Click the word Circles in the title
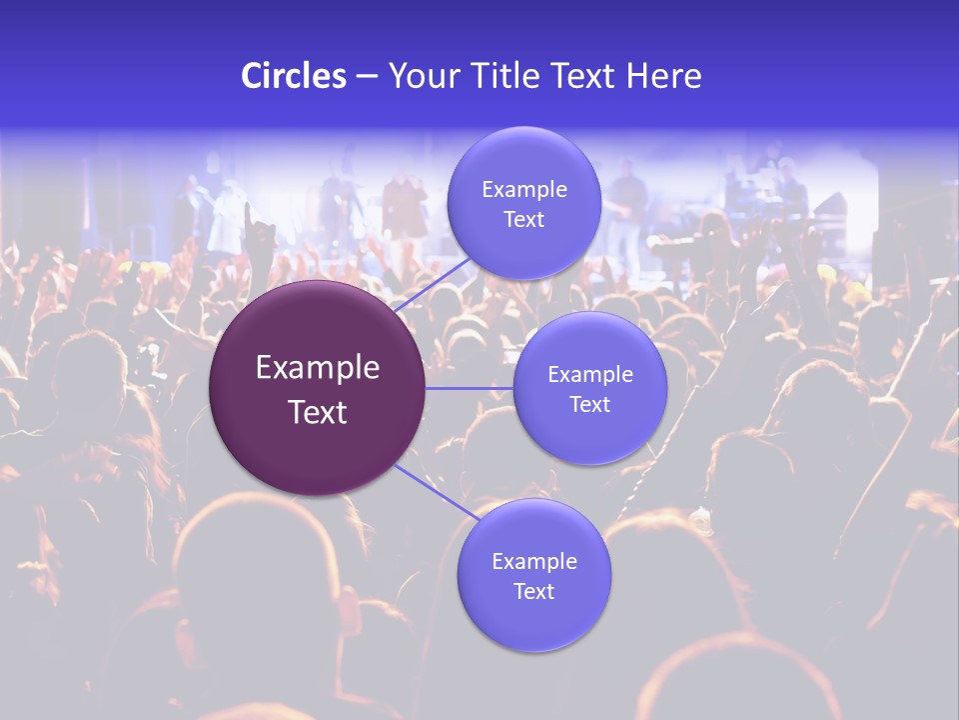click(x=294, y=76)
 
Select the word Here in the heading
click(x=663, y=76)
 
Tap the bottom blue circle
click(x=534, y=620)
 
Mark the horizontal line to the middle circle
click(x=470, y=388)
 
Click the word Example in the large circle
click(x=318, y=368)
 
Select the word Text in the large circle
click(x=318, y=412)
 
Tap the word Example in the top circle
click(x=524, y=189)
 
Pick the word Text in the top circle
click(x=524, y=219)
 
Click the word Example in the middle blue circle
click(x=590, y=374)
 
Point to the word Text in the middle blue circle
click(x=590, y=404)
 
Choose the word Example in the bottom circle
click(x=534, y=561)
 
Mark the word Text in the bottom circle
click(x=534, y=591)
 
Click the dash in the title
click(x=367, y=77)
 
